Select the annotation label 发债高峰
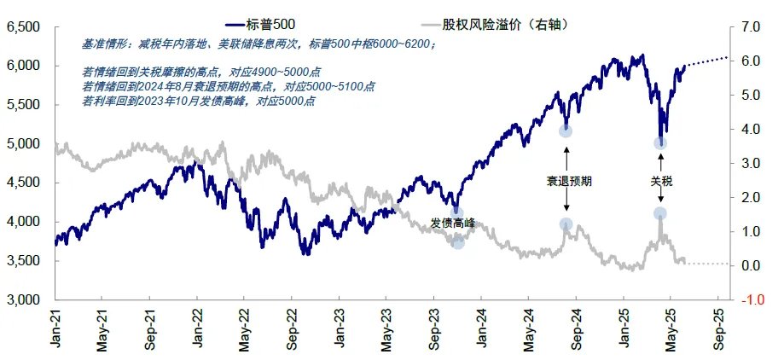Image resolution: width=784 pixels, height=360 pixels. click(453, 223)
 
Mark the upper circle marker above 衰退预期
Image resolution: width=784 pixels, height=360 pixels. click(565, 131)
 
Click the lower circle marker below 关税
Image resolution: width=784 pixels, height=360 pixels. click(660, 213)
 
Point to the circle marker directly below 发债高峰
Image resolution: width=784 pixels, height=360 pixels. click(457, 243)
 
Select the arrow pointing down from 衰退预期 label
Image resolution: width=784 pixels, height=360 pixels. click(565, 205)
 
